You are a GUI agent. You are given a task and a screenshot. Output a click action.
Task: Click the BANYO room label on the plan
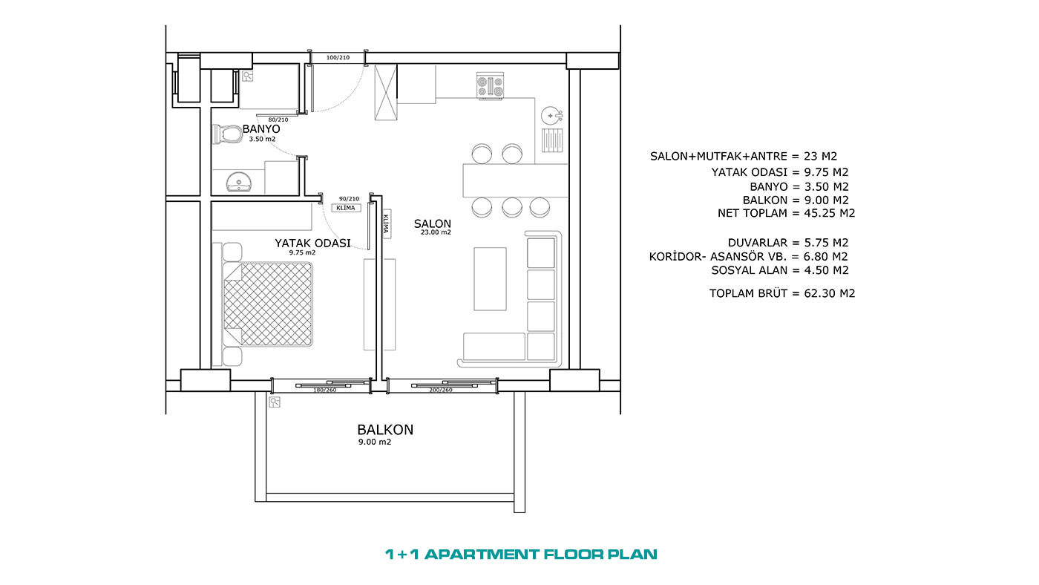(261, 129)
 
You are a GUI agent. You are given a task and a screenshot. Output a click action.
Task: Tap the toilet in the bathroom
(226, 134)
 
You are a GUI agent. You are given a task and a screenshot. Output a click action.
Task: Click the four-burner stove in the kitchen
(491, 86)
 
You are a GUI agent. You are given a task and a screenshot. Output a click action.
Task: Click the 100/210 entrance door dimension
(338, 57)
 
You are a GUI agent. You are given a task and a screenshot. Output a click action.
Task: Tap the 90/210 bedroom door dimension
(349, 198)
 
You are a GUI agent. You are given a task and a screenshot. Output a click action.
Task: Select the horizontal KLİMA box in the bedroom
(346, 208)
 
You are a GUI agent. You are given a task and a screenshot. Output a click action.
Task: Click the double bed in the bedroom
(267, 304)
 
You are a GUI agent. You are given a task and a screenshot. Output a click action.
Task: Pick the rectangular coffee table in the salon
(490, 279)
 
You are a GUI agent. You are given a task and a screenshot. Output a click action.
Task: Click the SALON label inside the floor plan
(432, 223)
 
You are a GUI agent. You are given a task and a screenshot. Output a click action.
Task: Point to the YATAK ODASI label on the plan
(312, 243)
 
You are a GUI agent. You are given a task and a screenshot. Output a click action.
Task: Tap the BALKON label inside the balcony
(385, 430)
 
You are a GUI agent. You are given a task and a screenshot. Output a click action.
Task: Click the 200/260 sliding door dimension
(441, 390)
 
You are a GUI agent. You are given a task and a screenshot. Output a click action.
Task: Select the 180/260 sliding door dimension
(325, 390)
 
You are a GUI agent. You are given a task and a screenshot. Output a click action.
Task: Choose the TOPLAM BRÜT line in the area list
(782, 293)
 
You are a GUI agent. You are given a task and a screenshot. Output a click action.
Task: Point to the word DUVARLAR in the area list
(758, 243)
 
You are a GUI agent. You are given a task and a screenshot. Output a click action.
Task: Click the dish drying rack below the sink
(552, 140)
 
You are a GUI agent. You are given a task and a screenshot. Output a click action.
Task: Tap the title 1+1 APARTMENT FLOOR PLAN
(521, 554)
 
